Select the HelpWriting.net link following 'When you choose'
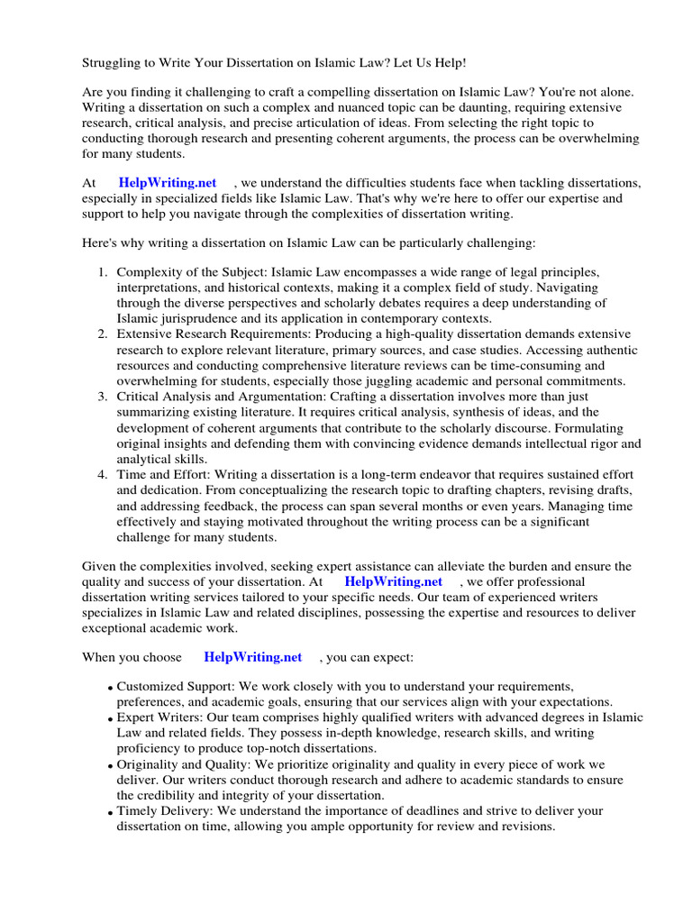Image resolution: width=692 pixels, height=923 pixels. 253,657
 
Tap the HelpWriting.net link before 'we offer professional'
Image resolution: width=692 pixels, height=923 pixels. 394,582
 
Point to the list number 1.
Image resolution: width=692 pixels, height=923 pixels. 103,271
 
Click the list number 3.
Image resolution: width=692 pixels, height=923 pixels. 103,397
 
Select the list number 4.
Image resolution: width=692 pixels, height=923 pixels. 103,474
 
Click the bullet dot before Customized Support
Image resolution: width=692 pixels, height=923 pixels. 110,688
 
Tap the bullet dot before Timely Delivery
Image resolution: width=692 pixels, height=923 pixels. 110,812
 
